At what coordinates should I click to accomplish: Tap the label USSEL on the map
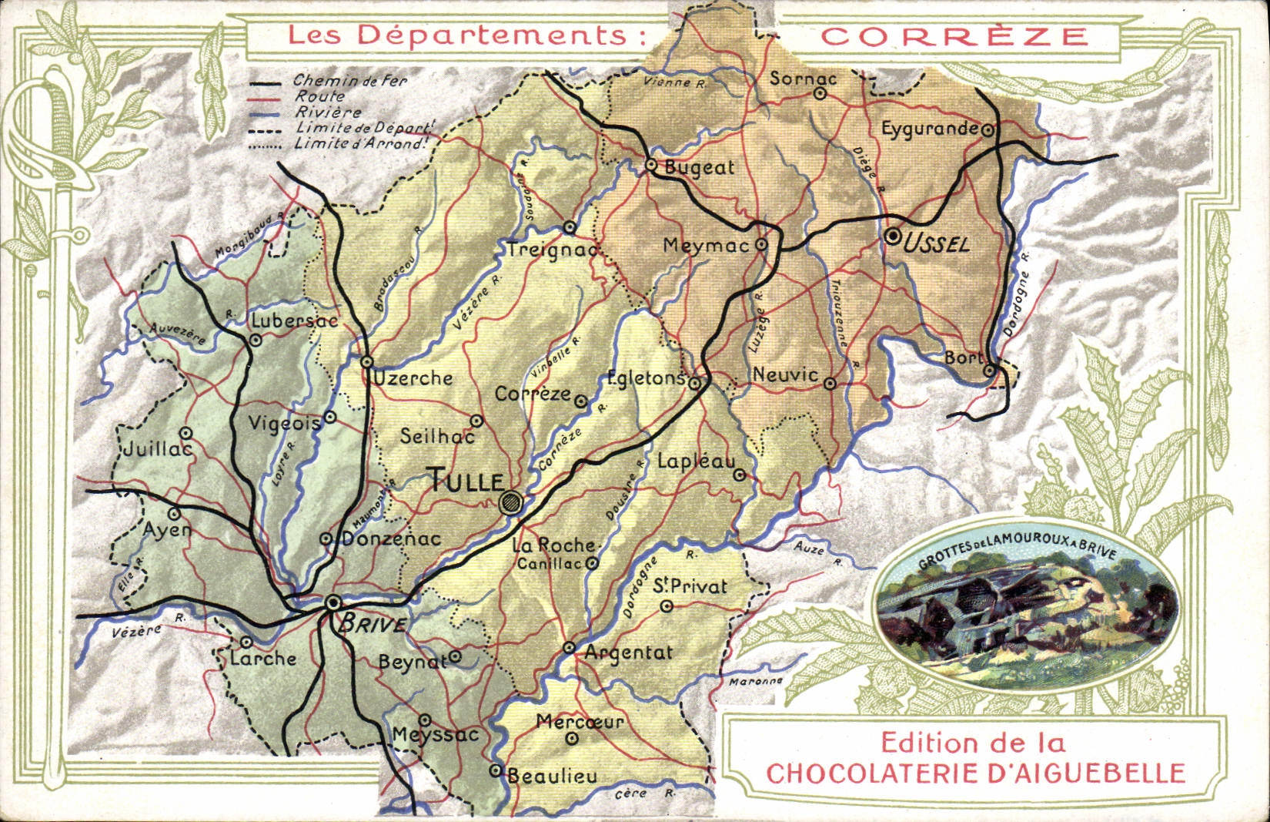[936, 244]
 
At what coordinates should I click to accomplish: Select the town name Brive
[373, 622]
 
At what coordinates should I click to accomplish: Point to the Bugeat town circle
[651, 164]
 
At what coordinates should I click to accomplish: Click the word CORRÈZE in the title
[954, 36]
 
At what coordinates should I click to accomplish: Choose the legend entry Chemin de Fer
[350, 80]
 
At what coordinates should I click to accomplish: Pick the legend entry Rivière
[328, 112]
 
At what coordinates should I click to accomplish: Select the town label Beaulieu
[553, 777]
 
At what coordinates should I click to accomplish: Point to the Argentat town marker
[569, 648]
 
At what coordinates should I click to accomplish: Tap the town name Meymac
[705, 246]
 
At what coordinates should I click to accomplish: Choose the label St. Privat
[690, 586]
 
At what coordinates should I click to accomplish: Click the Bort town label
[964, 357]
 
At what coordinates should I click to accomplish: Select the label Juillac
[158, 449]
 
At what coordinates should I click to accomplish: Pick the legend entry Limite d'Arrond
[359, 143]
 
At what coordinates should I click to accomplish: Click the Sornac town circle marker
[820, 94]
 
